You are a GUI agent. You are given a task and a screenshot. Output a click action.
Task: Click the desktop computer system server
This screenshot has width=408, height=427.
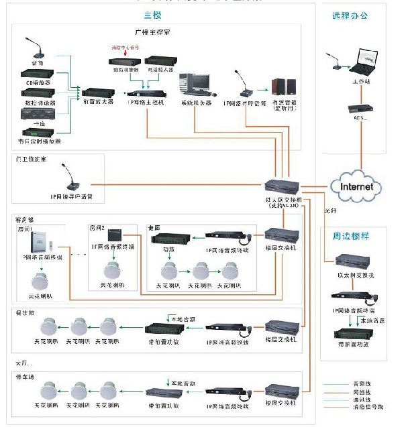click(x=194, y=85)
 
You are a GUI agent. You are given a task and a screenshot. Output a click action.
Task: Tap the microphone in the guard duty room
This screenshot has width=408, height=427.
click(x=73, y=178)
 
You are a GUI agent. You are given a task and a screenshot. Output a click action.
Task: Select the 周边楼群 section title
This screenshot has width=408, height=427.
click(x=351, y=237)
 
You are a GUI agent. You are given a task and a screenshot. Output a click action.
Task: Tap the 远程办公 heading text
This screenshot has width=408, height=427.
click(x=350, y=15)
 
